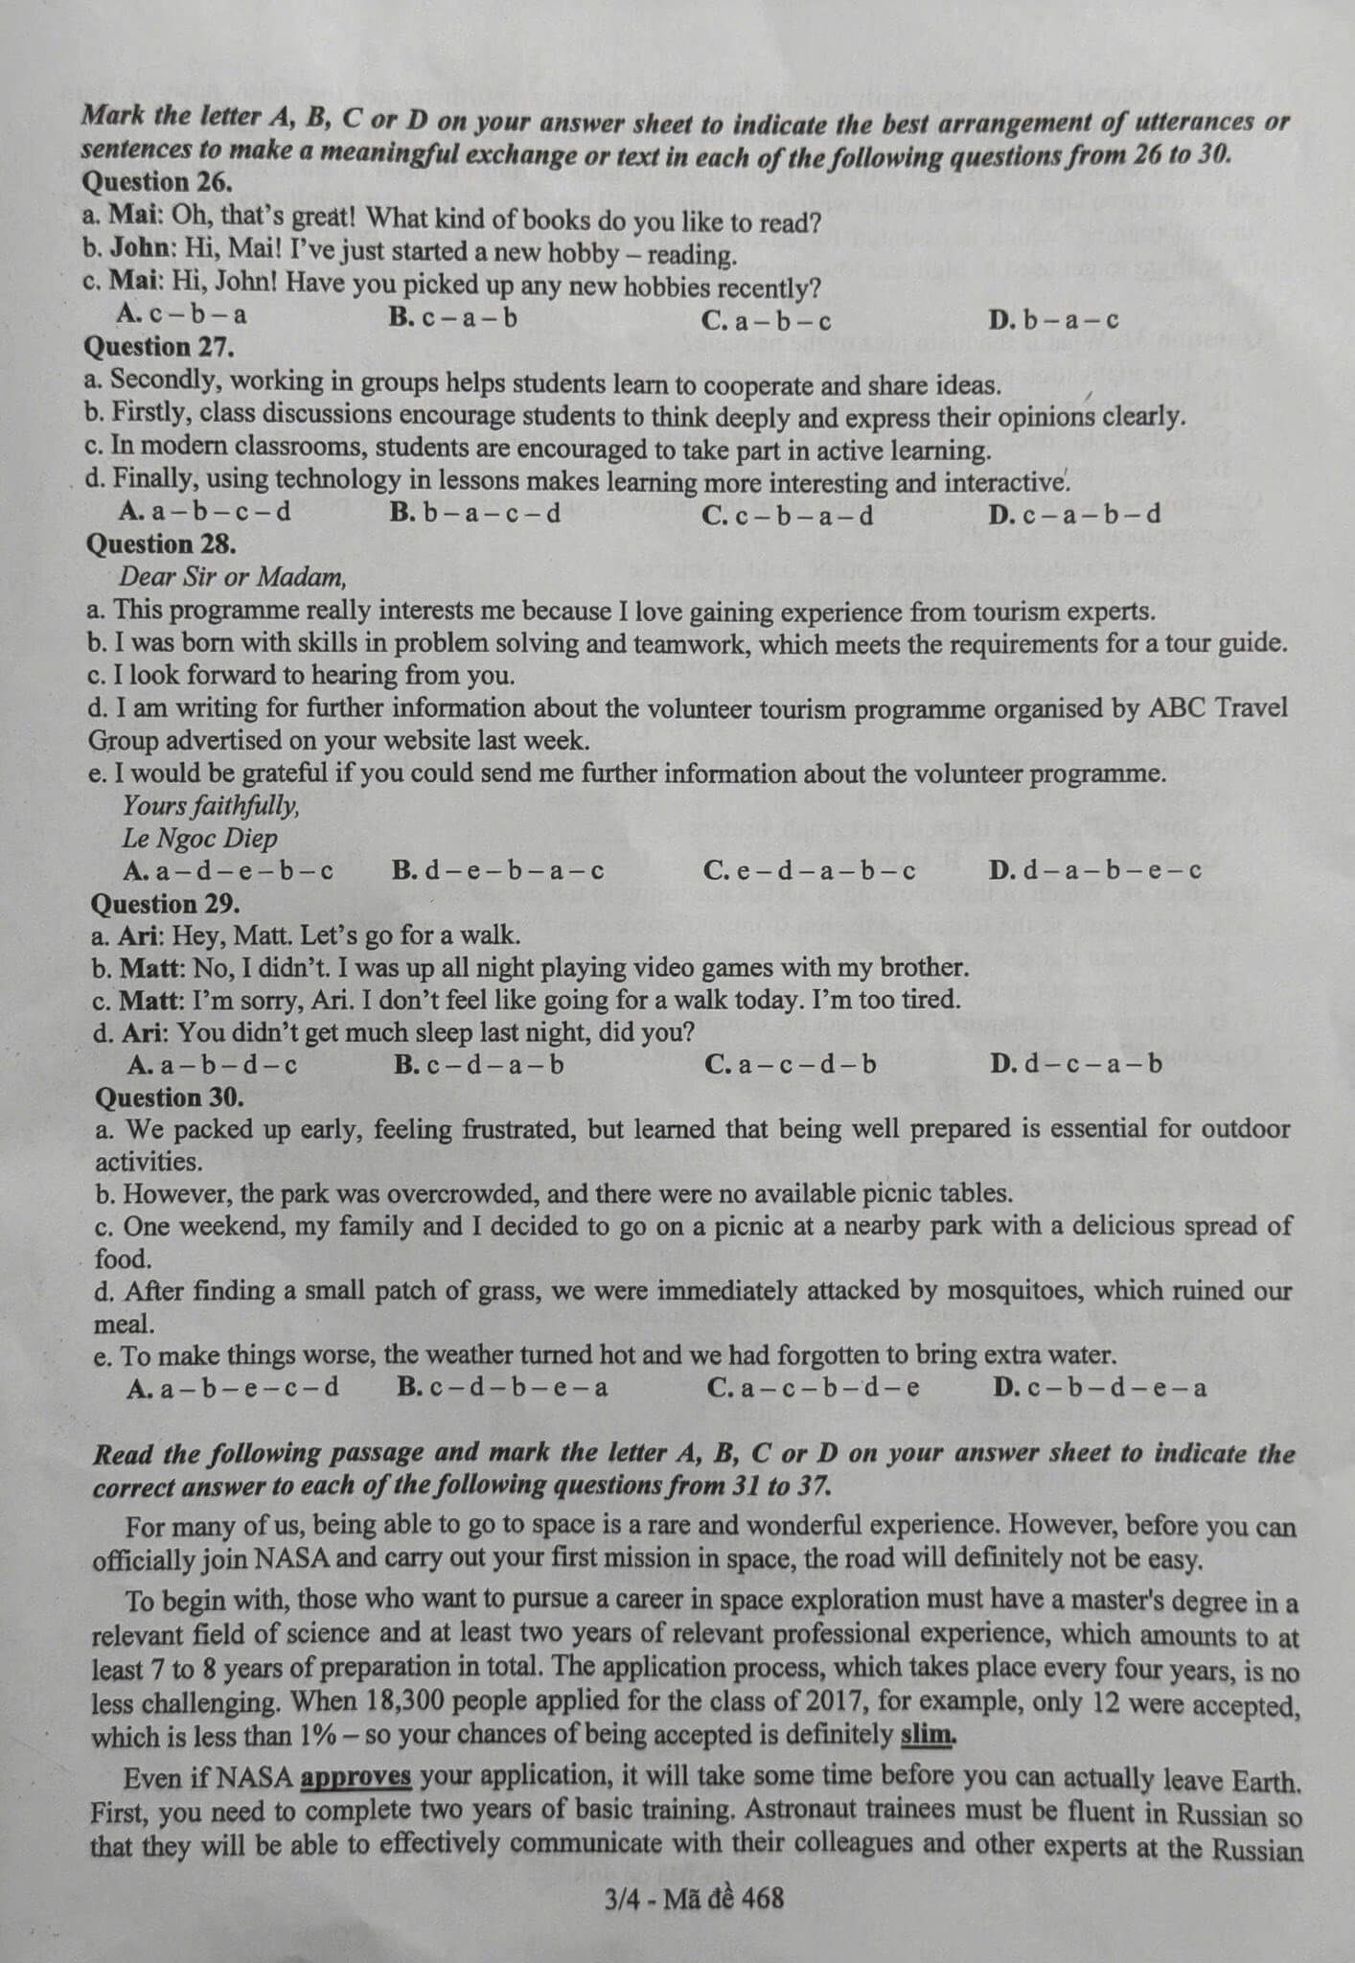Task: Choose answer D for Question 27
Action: pyautogui.click(x=1074, y=514)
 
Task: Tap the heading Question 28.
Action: pyautogui.click(x=161, y=544)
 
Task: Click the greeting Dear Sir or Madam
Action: pyautogui.click(x=233, y=577)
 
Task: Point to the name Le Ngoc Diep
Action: pyautogui.click(x=199, y=839)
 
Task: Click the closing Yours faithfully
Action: pyautogui.click(x=211, y=806)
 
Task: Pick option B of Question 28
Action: pyautogui.click(x=498, y=871)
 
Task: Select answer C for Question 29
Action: pyautogui.click(x=791, y=1065)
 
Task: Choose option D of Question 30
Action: pyautogui.click(x=1100, y=1388)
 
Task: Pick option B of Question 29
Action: pyautogui.click(x=479, y=1065)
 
